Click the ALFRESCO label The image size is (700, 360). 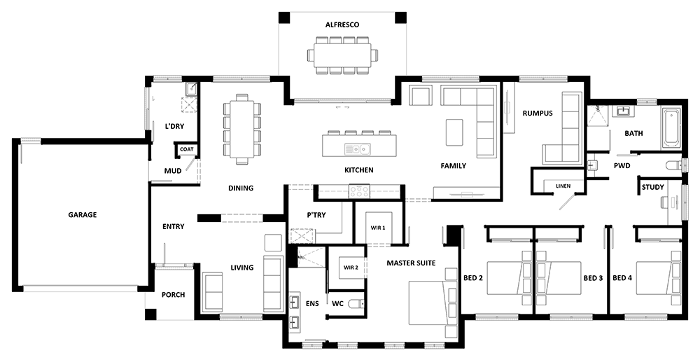(342, 25)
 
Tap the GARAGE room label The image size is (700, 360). (82, 215)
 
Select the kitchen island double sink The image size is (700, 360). (358, 148)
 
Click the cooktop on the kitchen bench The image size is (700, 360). (359, 191)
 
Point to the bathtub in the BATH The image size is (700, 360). (671, 127)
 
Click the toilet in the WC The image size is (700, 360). (356, 304)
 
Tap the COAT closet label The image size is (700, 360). (187, 149)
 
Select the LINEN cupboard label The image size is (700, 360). (563, 186)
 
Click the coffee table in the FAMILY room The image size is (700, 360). (454, 132)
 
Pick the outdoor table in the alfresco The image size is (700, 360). (342, 55)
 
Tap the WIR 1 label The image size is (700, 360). (378, 228)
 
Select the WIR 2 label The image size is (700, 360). (351, 268)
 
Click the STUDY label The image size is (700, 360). (652, 187)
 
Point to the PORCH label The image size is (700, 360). (173, 295)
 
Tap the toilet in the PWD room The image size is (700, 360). (674, 166)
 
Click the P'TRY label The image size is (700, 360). (316, 215)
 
